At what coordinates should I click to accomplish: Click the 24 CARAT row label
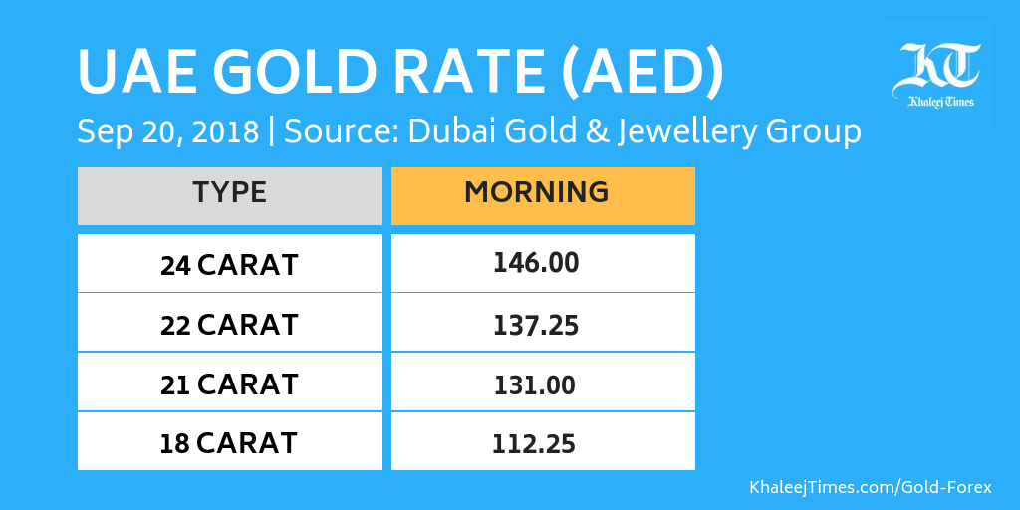click(229, 265)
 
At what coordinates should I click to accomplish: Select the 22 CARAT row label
click(229, 325)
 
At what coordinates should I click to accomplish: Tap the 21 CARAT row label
click(229, 384)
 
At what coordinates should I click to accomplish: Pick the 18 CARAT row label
click(229, 443)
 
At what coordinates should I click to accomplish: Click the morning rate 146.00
click(535, 263)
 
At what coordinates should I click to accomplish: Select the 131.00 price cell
click(534, 385)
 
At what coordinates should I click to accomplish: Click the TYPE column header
click(229, 192)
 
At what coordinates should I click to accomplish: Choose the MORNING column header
click(537, 192)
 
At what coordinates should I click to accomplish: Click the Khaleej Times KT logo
click(936, 75)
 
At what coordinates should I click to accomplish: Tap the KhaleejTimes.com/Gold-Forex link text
click(871, 487)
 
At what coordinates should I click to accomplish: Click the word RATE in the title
click(470, 72)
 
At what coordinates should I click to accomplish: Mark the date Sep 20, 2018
click(167, 133)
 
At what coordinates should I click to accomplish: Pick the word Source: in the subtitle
click(341, 132)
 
